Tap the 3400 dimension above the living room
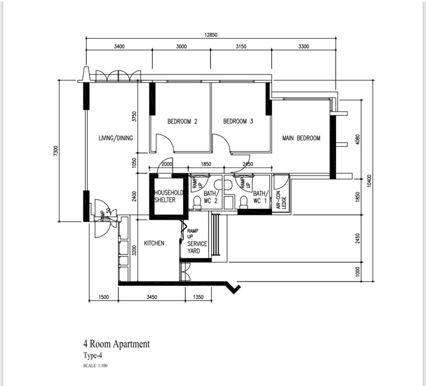[119, 47]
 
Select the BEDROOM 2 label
[183, 122]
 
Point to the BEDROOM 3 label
[238, 122]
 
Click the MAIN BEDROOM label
[301, 138]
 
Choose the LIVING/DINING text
[116, 138]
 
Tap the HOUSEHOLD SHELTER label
[168, 196]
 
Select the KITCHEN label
[154, 244]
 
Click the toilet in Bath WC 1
[244, 202]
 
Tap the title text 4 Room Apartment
[116, 344]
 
